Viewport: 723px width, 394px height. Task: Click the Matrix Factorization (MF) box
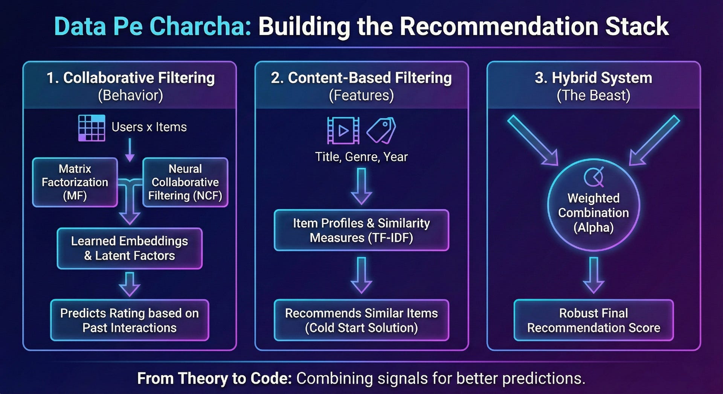[x=75, y=182]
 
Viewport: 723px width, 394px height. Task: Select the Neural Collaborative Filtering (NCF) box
[x=185, y=182]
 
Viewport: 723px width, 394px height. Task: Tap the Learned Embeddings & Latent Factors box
[x=130, y=248]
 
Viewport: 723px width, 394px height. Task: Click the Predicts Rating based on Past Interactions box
[x=130, y=320]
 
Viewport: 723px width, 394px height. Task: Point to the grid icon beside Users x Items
[x=92, y=128]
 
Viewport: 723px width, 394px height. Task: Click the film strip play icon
[x=343, y=131]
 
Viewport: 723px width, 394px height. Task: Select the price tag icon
[x=381, y=131]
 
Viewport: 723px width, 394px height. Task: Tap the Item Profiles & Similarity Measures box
[x=361, y=230]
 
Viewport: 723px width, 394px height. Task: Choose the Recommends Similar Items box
[x=361, y=320]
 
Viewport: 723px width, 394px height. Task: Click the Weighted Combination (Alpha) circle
[x=593, y=205]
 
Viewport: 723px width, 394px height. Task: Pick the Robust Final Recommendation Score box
[x=593, y=320]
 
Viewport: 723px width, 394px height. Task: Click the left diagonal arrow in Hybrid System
[x=532, y=140]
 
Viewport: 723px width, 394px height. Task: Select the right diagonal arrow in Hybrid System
[x=655, y=140]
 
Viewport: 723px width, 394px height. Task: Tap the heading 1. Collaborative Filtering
[x=130, y=78]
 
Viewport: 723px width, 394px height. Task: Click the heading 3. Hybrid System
[x=593, y=78]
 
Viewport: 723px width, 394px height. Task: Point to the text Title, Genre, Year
[x=361, y=157]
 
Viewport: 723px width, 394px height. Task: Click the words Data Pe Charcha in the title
[x=153, y=26]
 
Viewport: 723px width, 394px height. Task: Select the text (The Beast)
[x=593, y=96]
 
